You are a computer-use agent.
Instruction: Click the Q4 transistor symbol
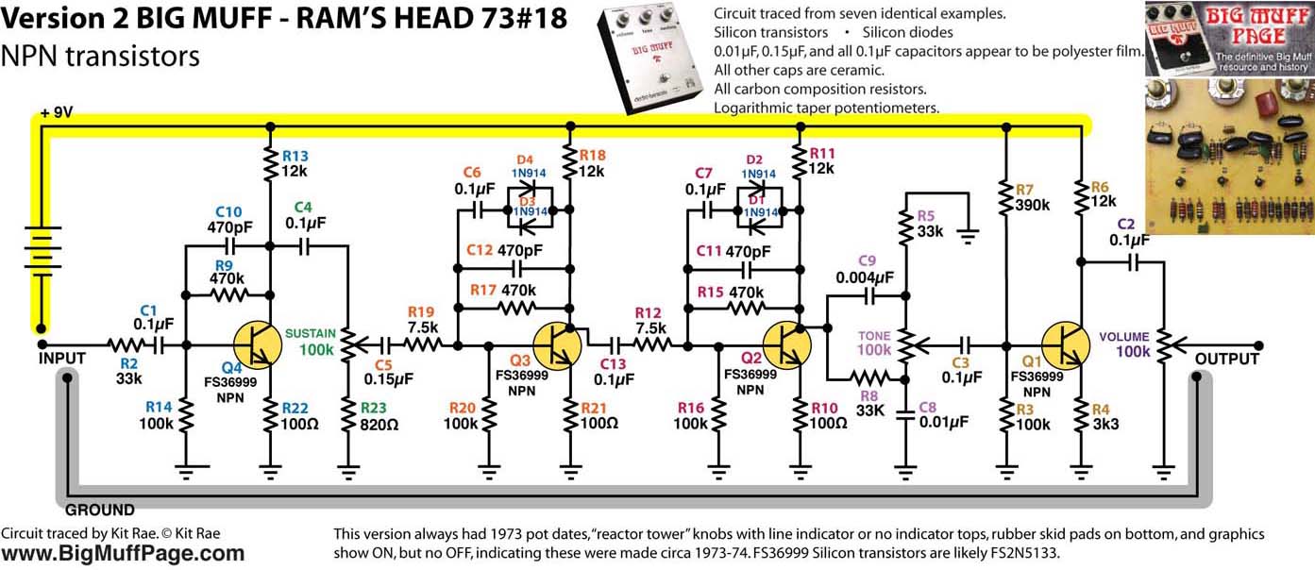(256, 344)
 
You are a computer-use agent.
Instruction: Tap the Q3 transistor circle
(558, 344)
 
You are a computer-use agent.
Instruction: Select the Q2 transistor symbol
(786, 344)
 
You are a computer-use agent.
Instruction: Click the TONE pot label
(873, 336)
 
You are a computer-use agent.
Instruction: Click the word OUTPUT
(1226, 359)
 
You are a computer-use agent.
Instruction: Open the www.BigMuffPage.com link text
(123, 554)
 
